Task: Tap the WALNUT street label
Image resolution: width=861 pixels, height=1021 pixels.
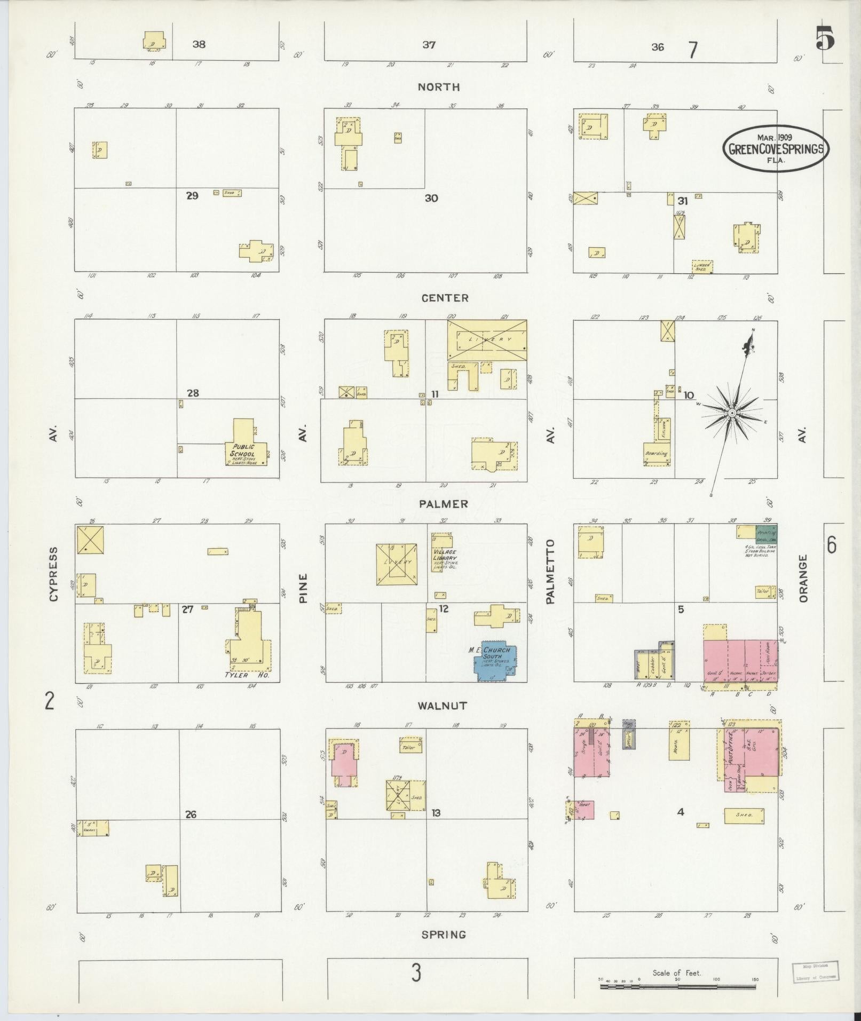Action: (443, 706)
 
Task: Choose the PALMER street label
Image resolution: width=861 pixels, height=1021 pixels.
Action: (444, 504)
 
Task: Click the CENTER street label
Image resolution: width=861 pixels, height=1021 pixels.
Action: (445, 298)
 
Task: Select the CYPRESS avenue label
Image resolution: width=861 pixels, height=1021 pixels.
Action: (53, 574)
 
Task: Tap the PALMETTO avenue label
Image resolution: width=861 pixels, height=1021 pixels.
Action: (551, 571)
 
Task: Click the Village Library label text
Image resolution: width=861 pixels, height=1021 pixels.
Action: (445, 555)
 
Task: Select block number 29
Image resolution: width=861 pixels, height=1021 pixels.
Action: (192, 196)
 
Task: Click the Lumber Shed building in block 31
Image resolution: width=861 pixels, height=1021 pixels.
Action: (702, 266)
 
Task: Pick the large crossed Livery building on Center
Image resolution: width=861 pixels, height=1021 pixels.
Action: (487, 339)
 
